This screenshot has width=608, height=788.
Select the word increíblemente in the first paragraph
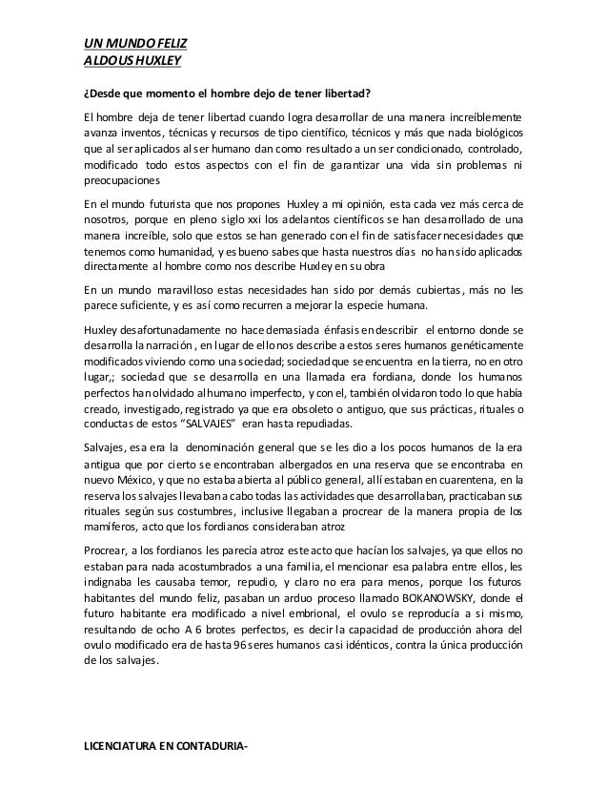[482, 117]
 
